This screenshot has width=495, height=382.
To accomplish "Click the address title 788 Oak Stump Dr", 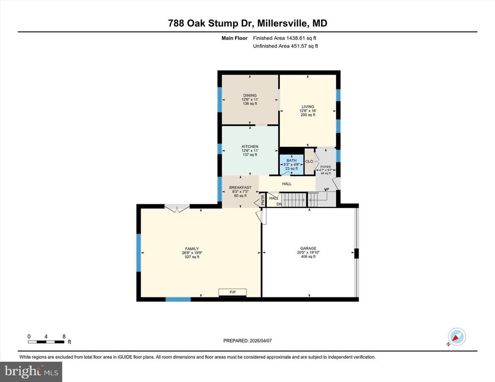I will (x=247, y=23).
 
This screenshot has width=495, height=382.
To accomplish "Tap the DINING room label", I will (x=249, y=95).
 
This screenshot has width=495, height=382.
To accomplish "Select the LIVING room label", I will (x=308, y=106).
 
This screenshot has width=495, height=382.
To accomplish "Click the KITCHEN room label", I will (x=249, y=147).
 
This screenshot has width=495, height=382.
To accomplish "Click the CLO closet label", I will (x=309, y=161).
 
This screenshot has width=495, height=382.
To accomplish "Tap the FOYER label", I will (x=325, y=167).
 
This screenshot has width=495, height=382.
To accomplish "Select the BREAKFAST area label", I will (x=240, y=188).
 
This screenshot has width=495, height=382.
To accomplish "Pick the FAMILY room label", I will (x=192, y=249).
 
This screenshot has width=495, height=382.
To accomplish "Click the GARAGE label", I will (x=308, y=249).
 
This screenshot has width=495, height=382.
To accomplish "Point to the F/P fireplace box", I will (x=232, y=292).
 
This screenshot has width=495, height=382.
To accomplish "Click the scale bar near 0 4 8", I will (x=46, y=342).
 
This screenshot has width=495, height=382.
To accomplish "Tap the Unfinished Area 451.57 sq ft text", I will (x=285, y=46).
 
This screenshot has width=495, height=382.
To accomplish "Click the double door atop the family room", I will (x=177, y=208).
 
